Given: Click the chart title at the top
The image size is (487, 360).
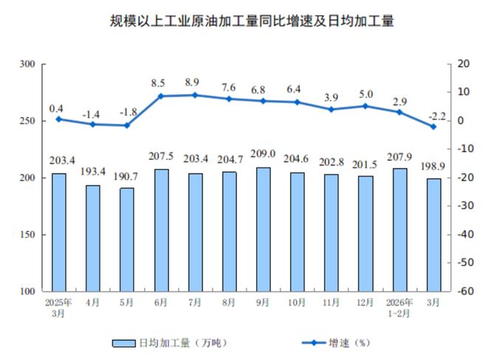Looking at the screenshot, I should coord(243,21).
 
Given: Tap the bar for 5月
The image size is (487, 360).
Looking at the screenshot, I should coord(127,239).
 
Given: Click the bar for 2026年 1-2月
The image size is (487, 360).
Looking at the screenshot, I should coord(400,229).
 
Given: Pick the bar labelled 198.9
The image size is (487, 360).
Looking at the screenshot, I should coord(434,235).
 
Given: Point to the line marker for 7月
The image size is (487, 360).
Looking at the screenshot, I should coord(195,95).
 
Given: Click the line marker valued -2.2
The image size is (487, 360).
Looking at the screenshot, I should coord(434,126).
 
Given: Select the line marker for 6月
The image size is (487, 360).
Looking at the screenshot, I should coord(161,96).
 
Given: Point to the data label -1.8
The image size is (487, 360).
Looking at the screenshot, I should coord(127,112).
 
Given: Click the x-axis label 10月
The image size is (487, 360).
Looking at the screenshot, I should coord(297,302).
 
